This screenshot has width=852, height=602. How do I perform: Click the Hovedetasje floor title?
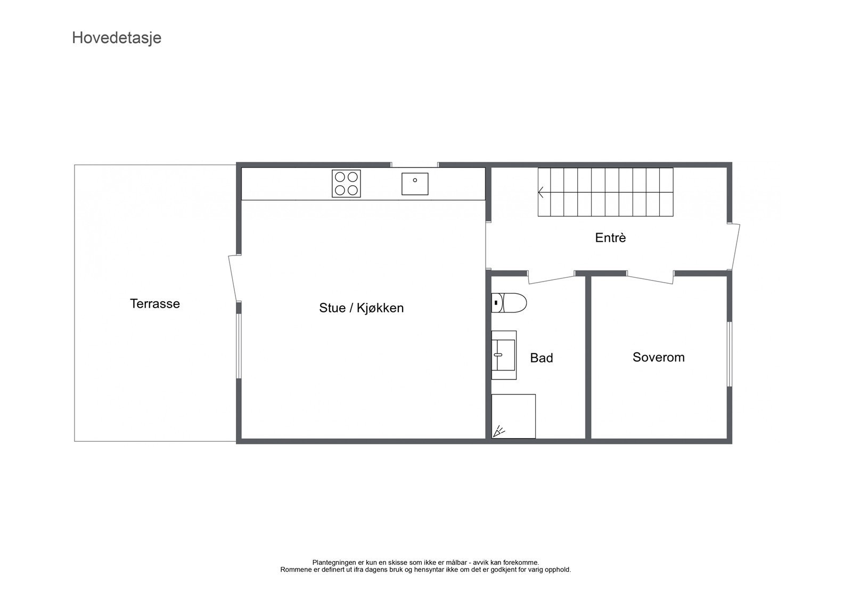click(117, 38)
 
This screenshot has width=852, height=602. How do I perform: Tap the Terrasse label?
click(155, 304)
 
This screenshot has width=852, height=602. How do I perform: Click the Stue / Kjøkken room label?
click(361, 308)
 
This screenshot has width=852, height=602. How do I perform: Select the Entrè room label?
click(610, 238)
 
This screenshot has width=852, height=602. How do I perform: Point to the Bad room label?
click(541, 358)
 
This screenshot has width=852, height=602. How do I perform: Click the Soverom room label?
click(658, 357)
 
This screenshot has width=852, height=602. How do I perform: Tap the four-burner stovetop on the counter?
click(346, 184)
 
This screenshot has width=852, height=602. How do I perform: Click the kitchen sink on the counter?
click(415, 184)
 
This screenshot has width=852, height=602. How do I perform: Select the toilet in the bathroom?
click(509, 303)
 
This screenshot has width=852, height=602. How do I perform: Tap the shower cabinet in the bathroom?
click(513, 416)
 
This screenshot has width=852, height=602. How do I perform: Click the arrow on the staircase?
click(542, 192)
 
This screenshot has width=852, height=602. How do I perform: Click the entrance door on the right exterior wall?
click(735, 246)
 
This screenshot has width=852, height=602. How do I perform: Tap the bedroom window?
click(729, 353)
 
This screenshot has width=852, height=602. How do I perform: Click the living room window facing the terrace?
click(239, 346)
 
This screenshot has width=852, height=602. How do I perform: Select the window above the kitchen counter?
click(415, 164)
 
